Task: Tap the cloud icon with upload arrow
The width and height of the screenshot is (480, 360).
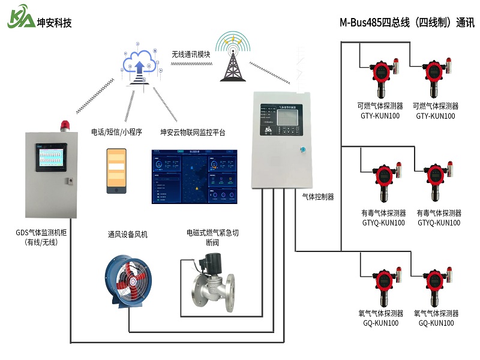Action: pyautogui.click(x=140, y=64)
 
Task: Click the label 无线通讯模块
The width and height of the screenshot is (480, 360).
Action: pyautogui.click(x=191, y=54)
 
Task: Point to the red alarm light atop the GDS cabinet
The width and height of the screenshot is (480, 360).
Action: pyautogui.click(x=65, y=125)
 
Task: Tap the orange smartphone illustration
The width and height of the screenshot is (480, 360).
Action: pyautogui.click(x=116, y=171)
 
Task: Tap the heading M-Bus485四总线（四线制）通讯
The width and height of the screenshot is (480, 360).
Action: pyautogui.click(x=407, y=23)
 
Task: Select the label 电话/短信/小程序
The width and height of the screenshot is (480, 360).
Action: pyautogui.click(x=116, y=132)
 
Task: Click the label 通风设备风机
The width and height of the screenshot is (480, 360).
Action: pyautogui.click(x=127, y=235)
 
